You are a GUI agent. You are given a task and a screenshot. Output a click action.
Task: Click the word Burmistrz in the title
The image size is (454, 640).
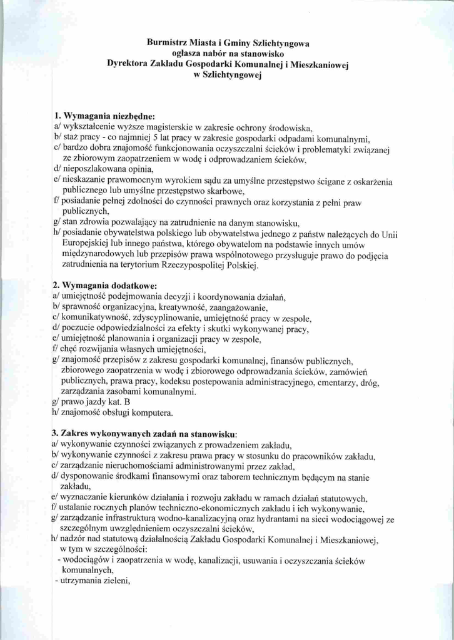click(x=166, y=43)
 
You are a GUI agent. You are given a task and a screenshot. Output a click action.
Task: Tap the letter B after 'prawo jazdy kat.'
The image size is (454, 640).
click(x=126, y=403)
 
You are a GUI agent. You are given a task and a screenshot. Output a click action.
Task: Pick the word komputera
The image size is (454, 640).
click(x=151, y=414)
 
